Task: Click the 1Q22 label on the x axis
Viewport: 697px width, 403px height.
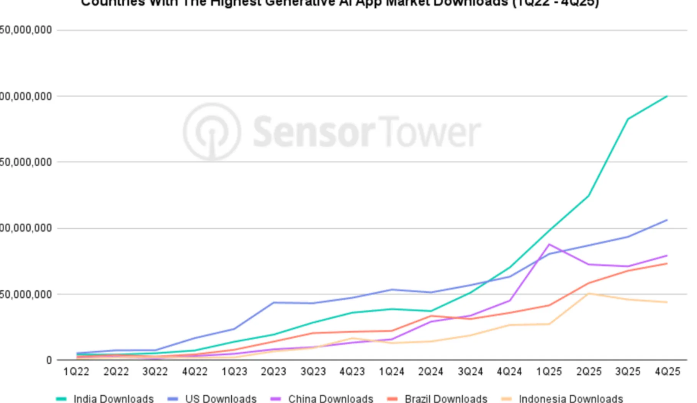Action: click(76, 372)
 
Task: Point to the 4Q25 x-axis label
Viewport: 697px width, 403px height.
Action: click(668, 372)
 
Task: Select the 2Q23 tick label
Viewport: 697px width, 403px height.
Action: click(273, 372)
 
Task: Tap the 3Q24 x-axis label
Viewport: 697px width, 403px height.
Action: click(470, 372)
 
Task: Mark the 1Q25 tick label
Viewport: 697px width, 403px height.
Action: click(549, 372)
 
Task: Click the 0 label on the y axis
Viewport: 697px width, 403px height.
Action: click(49, 360)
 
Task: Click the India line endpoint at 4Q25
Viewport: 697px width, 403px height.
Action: click(667, 96)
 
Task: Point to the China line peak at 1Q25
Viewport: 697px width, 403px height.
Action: click(550, 244)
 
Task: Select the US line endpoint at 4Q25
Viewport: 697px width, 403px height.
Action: click(667, 220)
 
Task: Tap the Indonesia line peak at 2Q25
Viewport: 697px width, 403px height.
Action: click(589, 293)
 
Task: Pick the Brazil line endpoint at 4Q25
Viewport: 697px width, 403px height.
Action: click(667, 264)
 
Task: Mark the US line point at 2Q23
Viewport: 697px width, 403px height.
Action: click(273, 303)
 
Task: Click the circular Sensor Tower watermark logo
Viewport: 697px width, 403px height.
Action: click(212, 131)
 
